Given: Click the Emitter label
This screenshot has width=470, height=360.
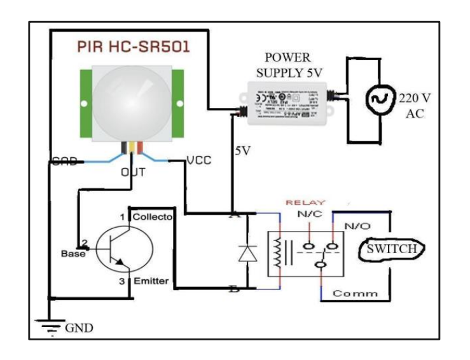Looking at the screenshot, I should point(150,280).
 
